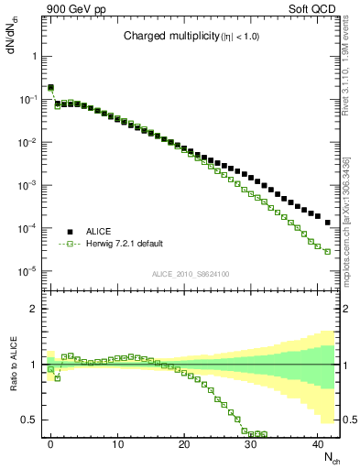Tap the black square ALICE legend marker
[x=70, y=231]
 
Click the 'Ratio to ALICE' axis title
[x=12, y=365]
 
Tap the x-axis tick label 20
[x=184, y=443]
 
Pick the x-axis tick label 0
[x=50, y=443]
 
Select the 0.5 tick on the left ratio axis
[x=31, y=420]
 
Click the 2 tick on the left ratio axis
[x=35, y=309]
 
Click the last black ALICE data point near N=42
[x=328, y=222]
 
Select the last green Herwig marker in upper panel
[x=328, y=252]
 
